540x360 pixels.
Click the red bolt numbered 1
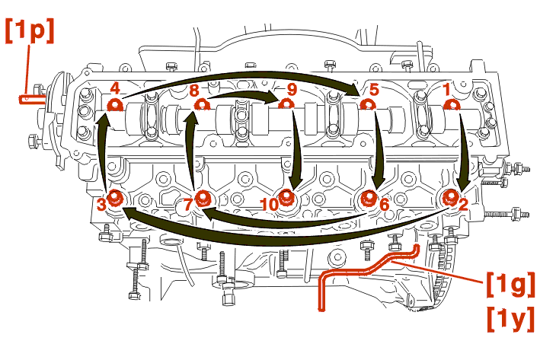click(x=450, y=105)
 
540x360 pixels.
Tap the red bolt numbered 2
click(x=452, y=199)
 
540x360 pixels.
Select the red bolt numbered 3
click(x=115, y=198)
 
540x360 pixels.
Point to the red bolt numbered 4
click(x=114, y=105)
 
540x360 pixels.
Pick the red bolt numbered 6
click(x=369, y=199)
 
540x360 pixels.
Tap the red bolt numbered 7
click(x=203, y=199)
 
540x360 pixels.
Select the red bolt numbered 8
click(x=202, y=105)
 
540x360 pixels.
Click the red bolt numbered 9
click(x=285, y=105)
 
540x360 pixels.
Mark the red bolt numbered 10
click(x=286, y=199)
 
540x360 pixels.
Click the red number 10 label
click(x=269, y=204)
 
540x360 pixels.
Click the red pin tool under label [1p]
click(x=30, y=97)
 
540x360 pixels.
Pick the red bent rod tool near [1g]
click(x=358, y=270)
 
